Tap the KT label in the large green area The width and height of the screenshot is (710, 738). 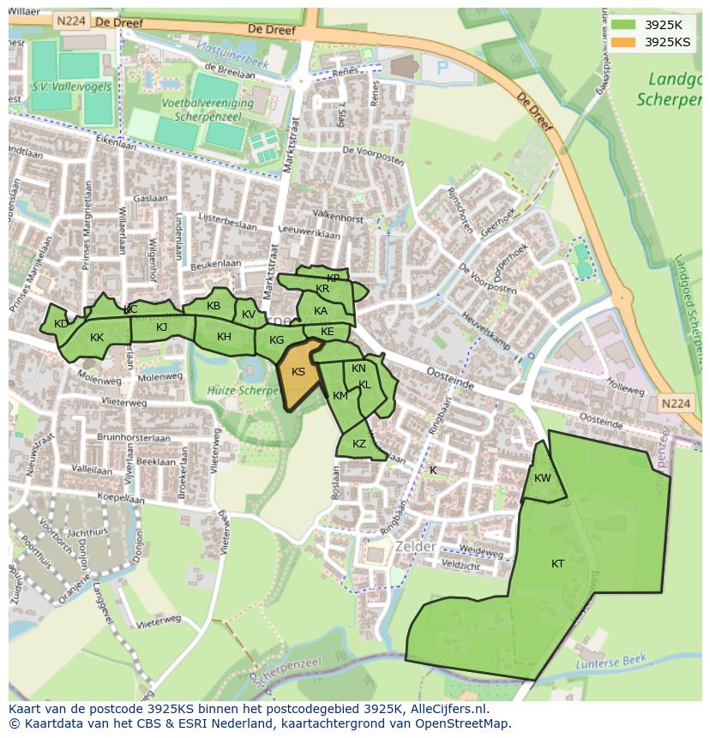tap(557, 564)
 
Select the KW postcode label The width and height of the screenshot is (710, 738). tap(542, 478)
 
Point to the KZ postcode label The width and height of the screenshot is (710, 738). tap(359, 444)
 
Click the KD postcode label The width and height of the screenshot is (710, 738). tap(61, 324)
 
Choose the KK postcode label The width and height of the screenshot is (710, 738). tap(97, 338)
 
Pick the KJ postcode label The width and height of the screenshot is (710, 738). tap(162, 327)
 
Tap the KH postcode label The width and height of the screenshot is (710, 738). tap(224, 337)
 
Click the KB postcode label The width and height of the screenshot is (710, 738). tap(214, 306)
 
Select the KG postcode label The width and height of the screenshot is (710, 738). tap(276, 340)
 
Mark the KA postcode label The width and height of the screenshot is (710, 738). tap(321, 311)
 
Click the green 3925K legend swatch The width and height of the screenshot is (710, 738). tap(623, 24)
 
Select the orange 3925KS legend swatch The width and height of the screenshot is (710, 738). tap(623, 41)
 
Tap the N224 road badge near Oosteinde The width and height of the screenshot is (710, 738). tap(676, 403)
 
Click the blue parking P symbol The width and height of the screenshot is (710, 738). tap(442, 68)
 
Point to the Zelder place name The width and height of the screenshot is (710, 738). tap(415, 547)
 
